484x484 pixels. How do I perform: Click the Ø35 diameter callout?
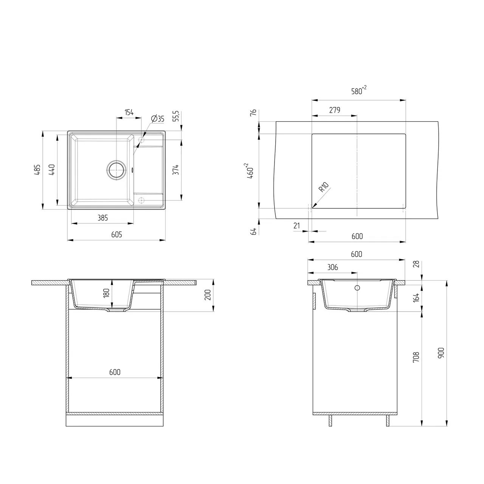(x=157, y=119)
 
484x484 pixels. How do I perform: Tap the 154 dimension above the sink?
(x=129, y=112)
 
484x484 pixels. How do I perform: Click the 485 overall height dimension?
(x=37, y=170)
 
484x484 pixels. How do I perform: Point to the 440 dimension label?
(x=52, y=170)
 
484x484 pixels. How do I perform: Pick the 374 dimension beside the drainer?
(x=176, y=170)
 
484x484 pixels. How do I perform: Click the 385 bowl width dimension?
(x=102, y=218)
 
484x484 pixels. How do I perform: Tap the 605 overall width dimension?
(x=116, y=234)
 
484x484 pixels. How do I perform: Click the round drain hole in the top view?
(x=116, y=170)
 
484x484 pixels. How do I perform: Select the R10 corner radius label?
(x=324, y=187)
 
